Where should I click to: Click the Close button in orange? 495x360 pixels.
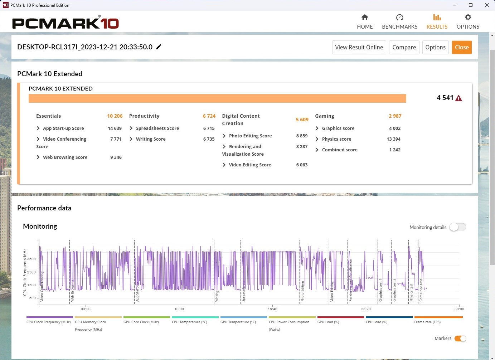click(x=462, y=47)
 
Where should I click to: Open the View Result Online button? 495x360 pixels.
click(x=359, y=47)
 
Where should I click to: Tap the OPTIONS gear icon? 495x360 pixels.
click(x=468, y=18)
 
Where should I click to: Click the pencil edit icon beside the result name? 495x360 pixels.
click(x=159, y=47)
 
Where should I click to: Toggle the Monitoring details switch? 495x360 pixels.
click(x=457, y=227)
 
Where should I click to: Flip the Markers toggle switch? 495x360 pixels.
click(x=460, y=339)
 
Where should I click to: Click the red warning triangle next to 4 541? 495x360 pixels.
click(x=458, y=98)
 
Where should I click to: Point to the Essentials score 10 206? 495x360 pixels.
click(x=115, y=116)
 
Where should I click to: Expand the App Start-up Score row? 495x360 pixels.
click(x=38, y=128)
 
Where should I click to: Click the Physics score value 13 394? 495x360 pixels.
click(x=393, y=139)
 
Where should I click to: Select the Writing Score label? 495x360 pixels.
click(x=151, y=139)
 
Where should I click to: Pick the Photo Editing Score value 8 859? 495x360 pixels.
click(x=302, y=136)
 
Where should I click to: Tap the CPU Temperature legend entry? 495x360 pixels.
click(x=189, y=322)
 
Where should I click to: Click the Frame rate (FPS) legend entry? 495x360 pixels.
click(x=427, y=322)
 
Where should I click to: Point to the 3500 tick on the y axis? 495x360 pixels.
click(x=31, y=259)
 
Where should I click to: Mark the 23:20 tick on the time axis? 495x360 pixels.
click(x=366, y=309)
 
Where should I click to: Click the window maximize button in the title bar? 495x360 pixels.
click(x=471, y=5)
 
